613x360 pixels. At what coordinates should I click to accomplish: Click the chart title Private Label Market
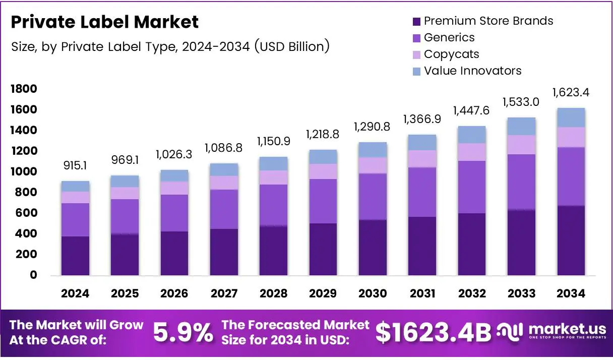coord(104,22)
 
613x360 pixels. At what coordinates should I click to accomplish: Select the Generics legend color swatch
coord(416,38)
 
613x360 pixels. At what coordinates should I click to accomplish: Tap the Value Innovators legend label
coord(472,71)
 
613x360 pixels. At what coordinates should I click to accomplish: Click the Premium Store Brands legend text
coord(488,21)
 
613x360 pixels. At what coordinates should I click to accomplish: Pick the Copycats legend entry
coord(451,54)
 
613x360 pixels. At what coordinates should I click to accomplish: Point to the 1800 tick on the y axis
coord(24,89)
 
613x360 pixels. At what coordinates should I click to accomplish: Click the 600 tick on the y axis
coord(26,213)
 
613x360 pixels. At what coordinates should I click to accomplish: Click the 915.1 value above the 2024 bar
coord(76,166)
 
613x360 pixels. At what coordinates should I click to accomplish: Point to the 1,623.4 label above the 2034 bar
coord(571,92)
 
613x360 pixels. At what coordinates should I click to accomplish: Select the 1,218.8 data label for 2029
coord(323,135)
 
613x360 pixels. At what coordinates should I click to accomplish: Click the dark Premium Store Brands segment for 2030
coord(373,247)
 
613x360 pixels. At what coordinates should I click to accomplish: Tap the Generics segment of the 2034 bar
coord(571,176)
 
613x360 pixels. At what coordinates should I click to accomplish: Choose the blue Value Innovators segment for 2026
coord(174,175)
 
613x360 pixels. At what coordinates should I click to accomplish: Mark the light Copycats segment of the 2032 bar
coord(471,152)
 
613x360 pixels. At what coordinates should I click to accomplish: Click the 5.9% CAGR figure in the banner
coord(182,333)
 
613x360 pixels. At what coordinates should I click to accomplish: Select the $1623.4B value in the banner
coord(433,333)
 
